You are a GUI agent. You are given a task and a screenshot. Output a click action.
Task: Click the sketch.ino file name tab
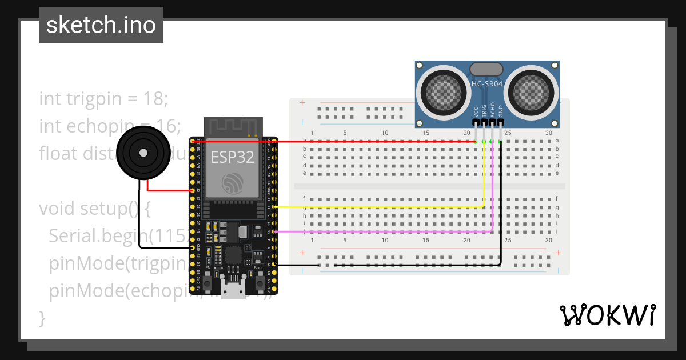(x=101, y=25)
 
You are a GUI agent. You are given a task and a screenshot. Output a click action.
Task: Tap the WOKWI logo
(x=607, y=315)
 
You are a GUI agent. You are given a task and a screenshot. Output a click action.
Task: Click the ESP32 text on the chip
(x=232, y=158)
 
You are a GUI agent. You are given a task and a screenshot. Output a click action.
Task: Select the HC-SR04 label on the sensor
(x=487, y=85)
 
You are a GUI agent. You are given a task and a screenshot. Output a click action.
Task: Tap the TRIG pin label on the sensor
(x=484, y=110)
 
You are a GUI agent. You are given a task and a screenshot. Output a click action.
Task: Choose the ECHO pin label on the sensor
(x=493, y=110)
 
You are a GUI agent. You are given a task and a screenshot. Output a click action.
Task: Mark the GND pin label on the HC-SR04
(x=501, y=111)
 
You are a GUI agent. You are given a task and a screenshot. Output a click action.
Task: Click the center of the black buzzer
(x=142, y=153)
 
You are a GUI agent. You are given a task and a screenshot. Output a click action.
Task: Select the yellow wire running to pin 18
(x=377, y=207)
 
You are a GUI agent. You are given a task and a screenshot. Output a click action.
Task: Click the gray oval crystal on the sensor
(x=486, y=69)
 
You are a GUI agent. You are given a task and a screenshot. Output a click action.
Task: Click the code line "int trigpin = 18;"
(x=103, y=99)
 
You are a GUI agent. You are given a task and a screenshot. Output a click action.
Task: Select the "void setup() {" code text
(x=95, y=209)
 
